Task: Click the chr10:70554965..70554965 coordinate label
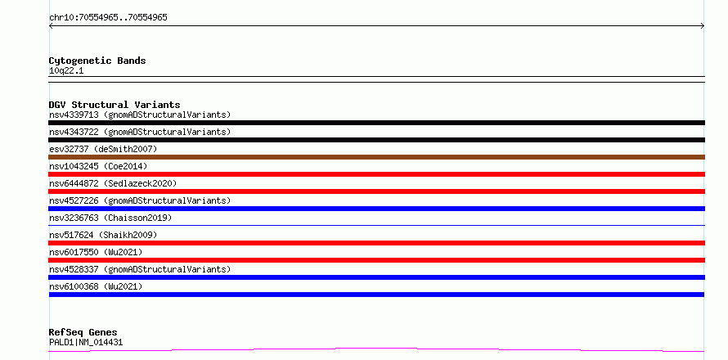pyautogui.click(x=108, y=18)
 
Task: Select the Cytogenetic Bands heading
pyautogui.click(x=97, y=61)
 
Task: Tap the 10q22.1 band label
pyautogui.click(x=66, y=71)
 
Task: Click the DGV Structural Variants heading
pyautogui.click(x=115, y=105)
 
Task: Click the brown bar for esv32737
pyautogui.click(x=376, y=157)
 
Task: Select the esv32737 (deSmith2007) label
pyautogui.click(x=103, y=149)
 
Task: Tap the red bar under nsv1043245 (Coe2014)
pyautogui.click(x=376, y=174)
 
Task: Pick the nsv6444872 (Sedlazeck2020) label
pyautogui.click(x=113, y=183)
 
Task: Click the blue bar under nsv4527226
pyautogui.click(x=376, y=209)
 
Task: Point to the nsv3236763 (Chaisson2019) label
pyautogui.click(x=110, y=218)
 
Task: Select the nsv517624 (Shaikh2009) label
pyautogui.click(x=103, y=235)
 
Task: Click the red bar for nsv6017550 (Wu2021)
pyautogui.click(x=376, y=260)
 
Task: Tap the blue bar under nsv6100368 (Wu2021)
pyautogui.click(x=376, y=295)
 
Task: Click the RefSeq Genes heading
pyautogui.click(x=83, y=332)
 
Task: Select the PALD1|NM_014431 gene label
pyautogui.click(x=86, y=343)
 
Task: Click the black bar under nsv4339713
pyautogui.click(x=376, y=123)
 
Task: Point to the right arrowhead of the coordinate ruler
pyautogui.click(x=703, y=26)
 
